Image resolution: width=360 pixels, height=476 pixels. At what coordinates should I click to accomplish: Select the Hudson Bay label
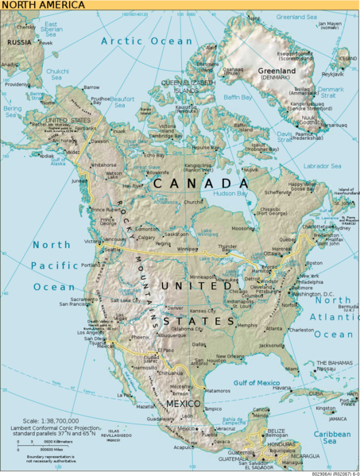click(x=231, y=193)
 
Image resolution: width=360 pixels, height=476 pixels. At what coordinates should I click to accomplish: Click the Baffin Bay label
click(x=230, y=97)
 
